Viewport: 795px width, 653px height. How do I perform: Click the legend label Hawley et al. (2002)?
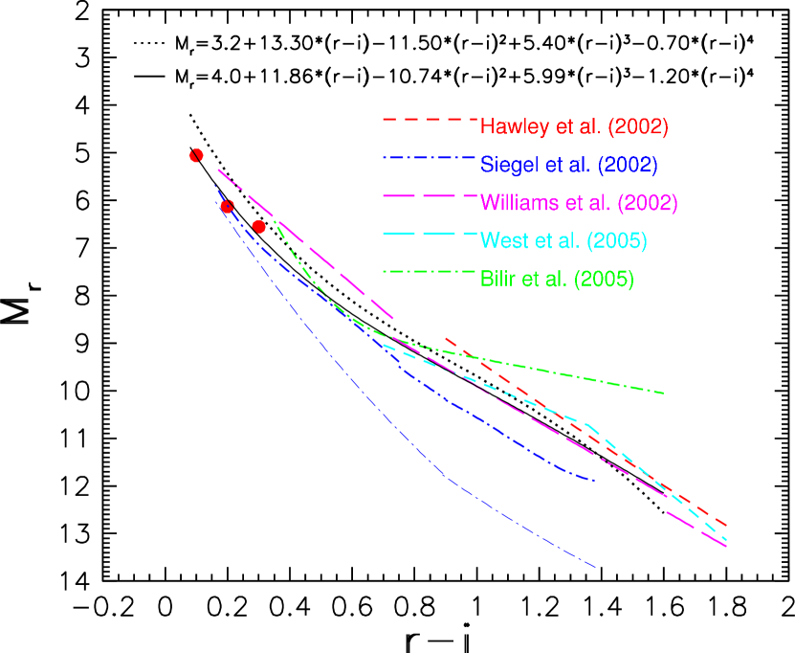574,126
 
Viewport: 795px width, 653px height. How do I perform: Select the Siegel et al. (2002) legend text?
569,165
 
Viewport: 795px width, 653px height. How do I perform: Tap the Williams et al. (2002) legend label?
579,203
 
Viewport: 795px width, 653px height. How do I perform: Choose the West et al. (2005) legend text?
563,241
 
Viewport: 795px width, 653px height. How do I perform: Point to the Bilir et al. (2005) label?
557,280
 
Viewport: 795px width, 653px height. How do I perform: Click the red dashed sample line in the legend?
429,120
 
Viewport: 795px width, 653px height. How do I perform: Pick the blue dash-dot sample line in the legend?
429,158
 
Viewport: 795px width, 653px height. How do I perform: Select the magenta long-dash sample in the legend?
429,195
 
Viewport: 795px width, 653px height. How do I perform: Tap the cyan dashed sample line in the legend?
429,234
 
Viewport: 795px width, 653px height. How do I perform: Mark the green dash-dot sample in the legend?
429,272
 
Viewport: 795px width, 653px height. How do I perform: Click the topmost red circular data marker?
196,155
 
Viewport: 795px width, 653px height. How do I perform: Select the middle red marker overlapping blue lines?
227,206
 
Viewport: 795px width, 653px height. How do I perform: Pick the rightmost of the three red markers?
258,226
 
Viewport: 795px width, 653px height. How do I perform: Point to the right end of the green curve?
663,393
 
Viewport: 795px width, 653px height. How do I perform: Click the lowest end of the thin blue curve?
596,567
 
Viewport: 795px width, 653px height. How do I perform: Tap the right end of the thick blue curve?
594,480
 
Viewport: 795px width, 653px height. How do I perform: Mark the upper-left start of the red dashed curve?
447,338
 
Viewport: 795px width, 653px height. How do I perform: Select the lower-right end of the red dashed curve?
727,525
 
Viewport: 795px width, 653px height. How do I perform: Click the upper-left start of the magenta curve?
218,169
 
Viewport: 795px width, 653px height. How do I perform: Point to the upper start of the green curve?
276,221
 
